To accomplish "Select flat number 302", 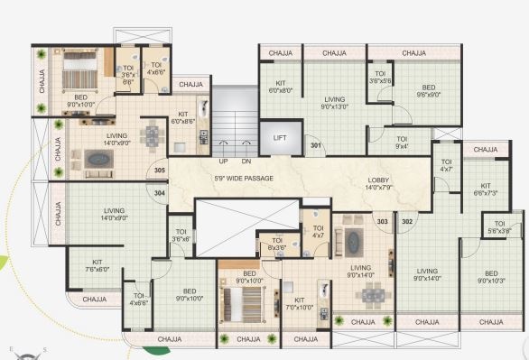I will tap(407, 221).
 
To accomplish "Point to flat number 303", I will tap(382, 221).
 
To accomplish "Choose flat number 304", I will tap(160, 191).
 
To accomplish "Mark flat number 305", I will tap(160, 170).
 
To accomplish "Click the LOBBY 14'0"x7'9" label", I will tap(379, 184).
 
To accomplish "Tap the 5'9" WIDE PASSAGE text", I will tap(245, 179).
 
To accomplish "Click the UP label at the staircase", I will tap(222, 162).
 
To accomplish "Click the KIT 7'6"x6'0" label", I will tap(97, 264).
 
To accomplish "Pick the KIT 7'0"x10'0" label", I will tap(299, 304).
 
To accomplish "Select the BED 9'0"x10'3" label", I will tap(491, 277).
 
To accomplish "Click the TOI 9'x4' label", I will tap(402, 142).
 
